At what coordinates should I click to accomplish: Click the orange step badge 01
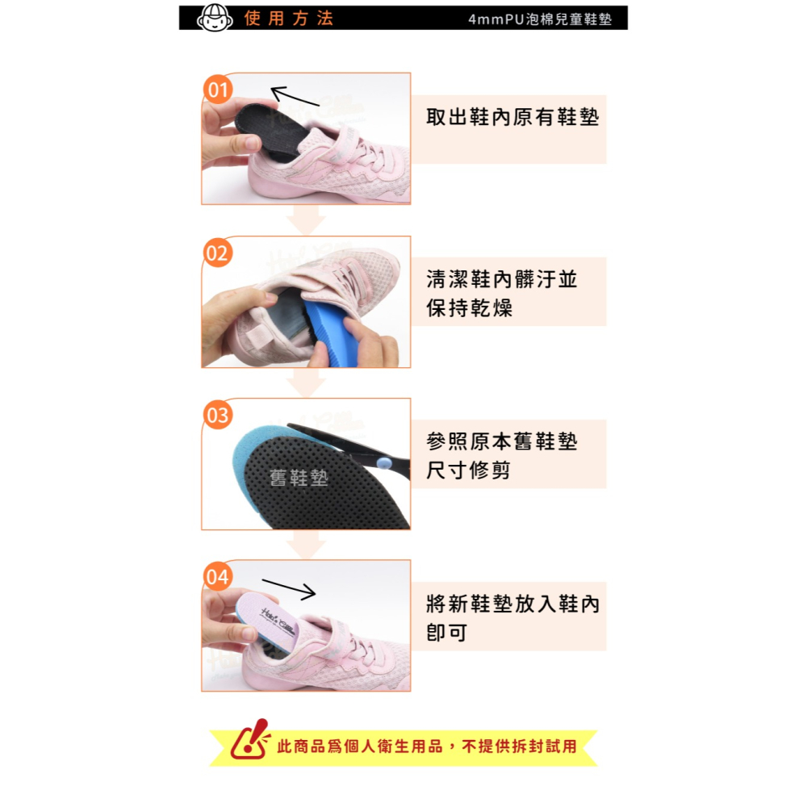click(x=217, y=90)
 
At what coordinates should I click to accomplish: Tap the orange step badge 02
click(x=217, y=253)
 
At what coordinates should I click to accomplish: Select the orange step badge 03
click(x=217, y=416)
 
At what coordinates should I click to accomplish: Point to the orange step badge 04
click(x=217, y=577)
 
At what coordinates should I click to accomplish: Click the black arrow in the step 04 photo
click(x=289, y=589)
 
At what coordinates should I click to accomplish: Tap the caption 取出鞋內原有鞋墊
click(x=512, y=118)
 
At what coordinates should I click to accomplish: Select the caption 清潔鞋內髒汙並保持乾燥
click(x=502, y=294)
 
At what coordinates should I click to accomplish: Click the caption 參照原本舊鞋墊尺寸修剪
click(x=502, y=456)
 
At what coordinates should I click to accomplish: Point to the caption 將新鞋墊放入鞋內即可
click(x=512, y=618)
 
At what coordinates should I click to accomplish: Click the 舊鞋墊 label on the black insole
click(x=299, y=479)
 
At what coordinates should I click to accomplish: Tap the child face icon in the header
click(x=214, y=17)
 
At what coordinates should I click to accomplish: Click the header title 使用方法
click(x=289, y=19)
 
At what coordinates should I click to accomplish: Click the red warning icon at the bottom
click(x=250, y=740)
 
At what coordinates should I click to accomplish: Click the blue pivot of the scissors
click(x=383, y=462)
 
